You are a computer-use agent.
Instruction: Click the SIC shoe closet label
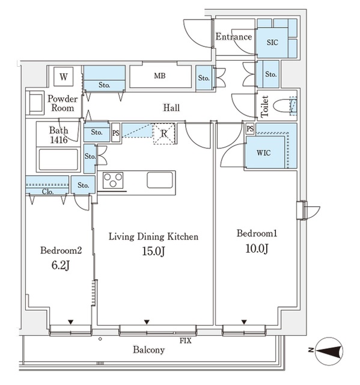click(272, 43)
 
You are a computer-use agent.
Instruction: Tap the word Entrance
click(234, 37)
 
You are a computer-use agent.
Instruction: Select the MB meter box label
click(160, 76)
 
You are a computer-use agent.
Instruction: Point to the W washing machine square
click(64, 77)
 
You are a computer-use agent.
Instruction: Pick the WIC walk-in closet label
click(264, 153)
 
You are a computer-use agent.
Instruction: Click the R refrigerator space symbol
click(164, 134)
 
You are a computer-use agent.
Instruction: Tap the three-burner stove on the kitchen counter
click(113, 180)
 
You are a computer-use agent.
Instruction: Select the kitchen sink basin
click(160, 180)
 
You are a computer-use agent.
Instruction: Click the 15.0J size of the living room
click(153, 251)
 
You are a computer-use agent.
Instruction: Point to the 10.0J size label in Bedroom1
click(257, 248)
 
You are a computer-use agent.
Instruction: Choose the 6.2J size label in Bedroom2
click(61, 265)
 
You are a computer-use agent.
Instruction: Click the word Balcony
click(148, 350)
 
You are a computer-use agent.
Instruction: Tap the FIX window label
click(185, 341)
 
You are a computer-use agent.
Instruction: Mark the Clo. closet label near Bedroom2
click(47, 191)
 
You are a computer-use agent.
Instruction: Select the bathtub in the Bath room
click(58, 159)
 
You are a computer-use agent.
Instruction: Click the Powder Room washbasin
click(35, 103)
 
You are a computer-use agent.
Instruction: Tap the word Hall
click(171, 108)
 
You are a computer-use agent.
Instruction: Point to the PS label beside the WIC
click(250, 129)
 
